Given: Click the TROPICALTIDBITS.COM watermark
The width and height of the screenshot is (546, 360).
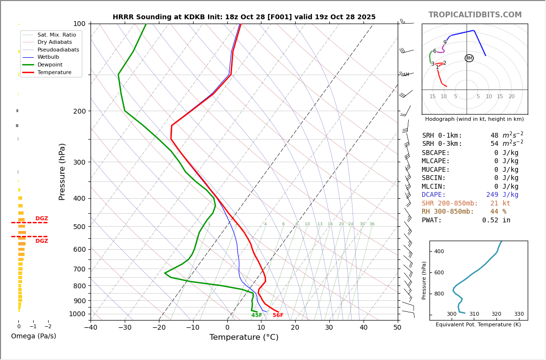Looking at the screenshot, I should click(x=475, y=15).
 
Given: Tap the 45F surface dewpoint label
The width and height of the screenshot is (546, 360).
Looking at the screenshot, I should click(x=257, y=315).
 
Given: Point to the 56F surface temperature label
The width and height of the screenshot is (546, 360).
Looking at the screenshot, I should click(x=278, y=315).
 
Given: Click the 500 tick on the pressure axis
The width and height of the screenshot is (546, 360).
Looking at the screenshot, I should click(x=79, y=227).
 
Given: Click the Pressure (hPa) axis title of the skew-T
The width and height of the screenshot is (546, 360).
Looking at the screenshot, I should click(x=63, y=171).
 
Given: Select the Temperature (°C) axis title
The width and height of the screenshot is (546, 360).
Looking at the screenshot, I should click(x=244, y=337).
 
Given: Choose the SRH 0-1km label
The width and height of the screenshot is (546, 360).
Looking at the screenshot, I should click(x=442, y=136).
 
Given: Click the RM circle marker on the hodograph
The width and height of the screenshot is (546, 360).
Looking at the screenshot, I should click(x=469, y=58).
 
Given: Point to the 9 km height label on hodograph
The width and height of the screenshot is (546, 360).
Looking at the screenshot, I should click(x=445, y=42).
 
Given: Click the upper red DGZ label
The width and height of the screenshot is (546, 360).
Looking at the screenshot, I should click(x=42, y=219).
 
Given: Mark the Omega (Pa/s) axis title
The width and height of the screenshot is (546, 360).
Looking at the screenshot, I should click(x=34, y=336).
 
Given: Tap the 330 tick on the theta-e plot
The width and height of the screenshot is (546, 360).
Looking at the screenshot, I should click(x=519, y=314).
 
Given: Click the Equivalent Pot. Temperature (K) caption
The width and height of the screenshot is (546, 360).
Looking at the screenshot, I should click(x=478, y=324).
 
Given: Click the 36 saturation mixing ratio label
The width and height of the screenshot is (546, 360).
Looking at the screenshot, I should click(x=372, y=224).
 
